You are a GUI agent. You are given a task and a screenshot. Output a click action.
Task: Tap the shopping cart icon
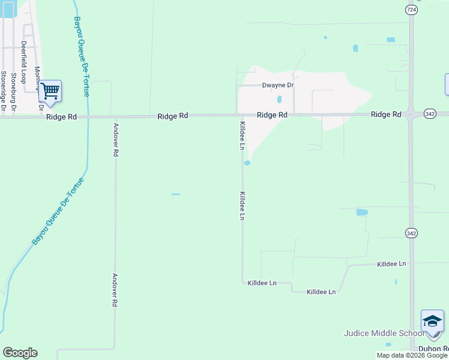click(x=50, y=91)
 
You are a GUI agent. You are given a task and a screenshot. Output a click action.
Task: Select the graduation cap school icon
click(x=432, y=322)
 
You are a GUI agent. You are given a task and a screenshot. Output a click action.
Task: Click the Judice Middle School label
click(x=383, y=334)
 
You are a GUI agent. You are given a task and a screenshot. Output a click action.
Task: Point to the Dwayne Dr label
click(x=278, y=85)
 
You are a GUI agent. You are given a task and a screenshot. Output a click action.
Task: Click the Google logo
click(x=20, y=353)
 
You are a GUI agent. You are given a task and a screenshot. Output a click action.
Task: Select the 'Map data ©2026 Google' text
click(x=412, y=355)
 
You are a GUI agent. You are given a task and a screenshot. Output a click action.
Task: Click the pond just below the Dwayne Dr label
click(x=279, y=100)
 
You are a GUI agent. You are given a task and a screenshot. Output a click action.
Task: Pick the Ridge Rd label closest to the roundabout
click(x=385, y=114)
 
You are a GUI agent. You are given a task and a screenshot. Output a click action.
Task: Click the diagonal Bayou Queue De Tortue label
click(x=58, y=210)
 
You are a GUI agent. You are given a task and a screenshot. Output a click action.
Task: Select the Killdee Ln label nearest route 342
click(x=391, y=264)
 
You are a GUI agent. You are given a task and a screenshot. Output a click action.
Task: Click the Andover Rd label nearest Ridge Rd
click(x=115, y=140)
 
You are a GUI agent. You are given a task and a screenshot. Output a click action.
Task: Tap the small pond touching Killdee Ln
click(x=247, y=163)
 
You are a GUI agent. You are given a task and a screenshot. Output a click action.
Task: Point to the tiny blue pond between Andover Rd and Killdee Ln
click(x=175, y=194)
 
